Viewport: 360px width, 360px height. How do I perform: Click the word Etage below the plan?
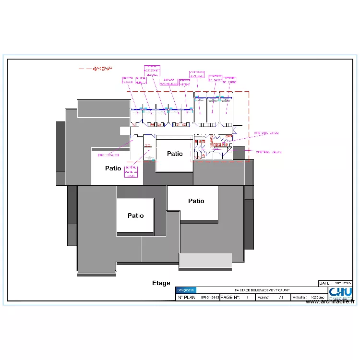point(161,283)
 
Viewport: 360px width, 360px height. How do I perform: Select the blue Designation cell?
point(186,290)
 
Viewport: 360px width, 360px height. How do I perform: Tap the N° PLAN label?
point(187,298)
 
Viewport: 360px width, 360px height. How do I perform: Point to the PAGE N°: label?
point(230,298)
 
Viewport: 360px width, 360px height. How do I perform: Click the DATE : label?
point(325,284)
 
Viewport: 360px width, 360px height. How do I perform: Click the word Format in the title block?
point(264,298)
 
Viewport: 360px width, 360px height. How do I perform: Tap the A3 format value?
point(281,298)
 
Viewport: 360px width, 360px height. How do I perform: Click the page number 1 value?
point(247,298)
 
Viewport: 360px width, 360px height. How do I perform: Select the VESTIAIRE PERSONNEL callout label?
point(197,74)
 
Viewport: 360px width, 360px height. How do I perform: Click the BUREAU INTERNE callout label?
point(184,83)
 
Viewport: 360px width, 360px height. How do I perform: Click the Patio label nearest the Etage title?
point(135,216)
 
